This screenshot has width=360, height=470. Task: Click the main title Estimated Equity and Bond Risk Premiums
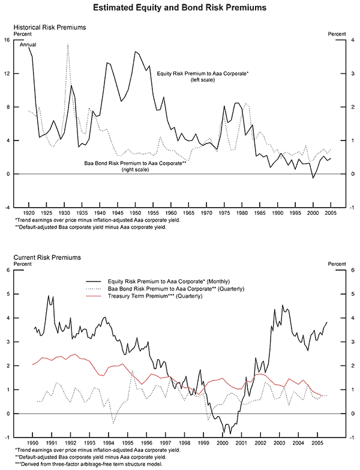pyautogui.click(x=180, y=8)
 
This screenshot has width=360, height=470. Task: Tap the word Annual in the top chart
pyautogui.click(x=28, y=45)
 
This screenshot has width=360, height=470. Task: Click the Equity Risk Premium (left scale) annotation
pyautogui.click(x=202, y=76)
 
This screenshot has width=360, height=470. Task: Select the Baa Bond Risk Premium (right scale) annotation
pyautogui.click(x=134, y=166)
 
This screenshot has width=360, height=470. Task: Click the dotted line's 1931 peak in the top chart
pyautogui.click(x=68, y=44)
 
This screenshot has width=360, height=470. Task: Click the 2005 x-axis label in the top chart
pyautogui.click(x=330, y=213)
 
